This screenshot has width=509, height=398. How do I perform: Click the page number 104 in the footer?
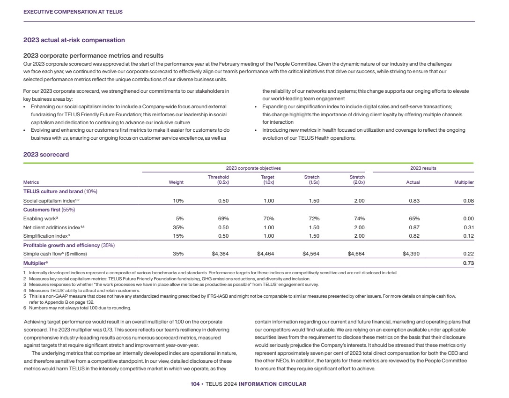point(195,384)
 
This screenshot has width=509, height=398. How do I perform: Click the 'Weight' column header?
point(176,182)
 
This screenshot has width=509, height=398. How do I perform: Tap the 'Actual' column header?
point(413,182)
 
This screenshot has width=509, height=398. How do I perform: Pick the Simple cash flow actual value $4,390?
point(411,254)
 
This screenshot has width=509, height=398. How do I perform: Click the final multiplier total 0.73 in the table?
point(469,263)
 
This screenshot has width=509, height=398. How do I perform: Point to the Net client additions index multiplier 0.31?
point(469,227)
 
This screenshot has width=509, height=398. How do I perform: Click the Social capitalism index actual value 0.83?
point(413,201)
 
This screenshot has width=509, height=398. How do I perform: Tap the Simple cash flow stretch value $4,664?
point(356,254)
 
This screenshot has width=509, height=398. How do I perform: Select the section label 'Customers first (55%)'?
point(49,210)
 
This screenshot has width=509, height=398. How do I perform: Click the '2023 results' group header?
point(423,168)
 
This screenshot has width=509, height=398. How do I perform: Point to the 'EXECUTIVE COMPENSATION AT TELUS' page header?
point(73,12)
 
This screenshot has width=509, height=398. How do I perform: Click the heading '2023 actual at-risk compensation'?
point(74,40)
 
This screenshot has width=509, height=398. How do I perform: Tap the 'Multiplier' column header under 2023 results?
point(464,182)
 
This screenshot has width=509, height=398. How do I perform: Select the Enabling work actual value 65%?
point(414,218)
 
